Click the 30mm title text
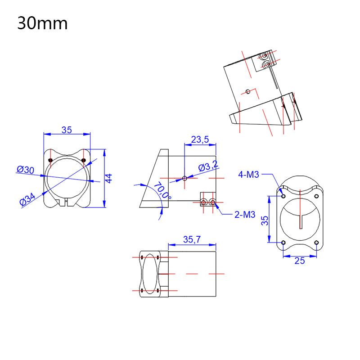coord(43,23)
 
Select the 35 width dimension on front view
coord(67,130)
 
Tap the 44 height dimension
coord(108,178)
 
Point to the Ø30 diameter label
coord(26,170)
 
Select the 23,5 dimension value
coord(200,139)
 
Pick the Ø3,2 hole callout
coord(208,167)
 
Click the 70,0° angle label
coord(162,190)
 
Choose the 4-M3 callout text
coord(249,175)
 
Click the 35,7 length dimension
coord(192,240)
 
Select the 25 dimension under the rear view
coord(299,261)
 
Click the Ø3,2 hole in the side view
coord(184,178)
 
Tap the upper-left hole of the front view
coord(50,161)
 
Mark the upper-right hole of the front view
coord(84,161)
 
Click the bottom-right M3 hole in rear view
coord(316,243)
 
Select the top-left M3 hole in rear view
coord(283,196)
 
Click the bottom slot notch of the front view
coord(67,201)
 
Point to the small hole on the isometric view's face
coord(247,91)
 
